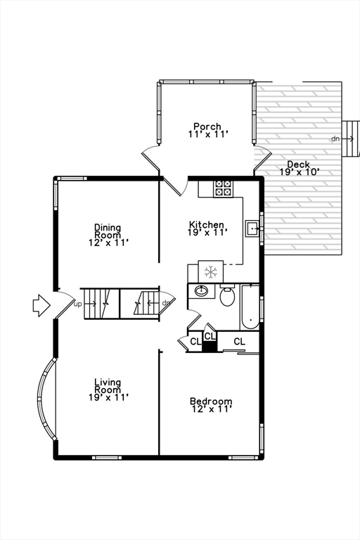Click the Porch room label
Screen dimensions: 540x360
click(x=207, y=130)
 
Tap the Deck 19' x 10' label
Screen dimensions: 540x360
click(x=299, y=168)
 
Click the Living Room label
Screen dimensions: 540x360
click(x=108, y=390)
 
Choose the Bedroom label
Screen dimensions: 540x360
click(x=211, y=406)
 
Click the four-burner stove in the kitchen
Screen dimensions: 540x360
click(x=223, y=188)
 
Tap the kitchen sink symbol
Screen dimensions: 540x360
click(x=251, y=228)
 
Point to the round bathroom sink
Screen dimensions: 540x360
click(x=202, y=291)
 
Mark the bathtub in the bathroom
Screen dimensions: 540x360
click(x=250, y=307)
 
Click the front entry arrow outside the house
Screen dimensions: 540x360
click(x=41, y=305)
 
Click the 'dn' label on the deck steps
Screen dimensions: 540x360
click(x=335, y=139)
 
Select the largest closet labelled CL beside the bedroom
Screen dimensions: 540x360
click(x=239, y=342)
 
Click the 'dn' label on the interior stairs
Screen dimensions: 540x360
click(x=166, y=304)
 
